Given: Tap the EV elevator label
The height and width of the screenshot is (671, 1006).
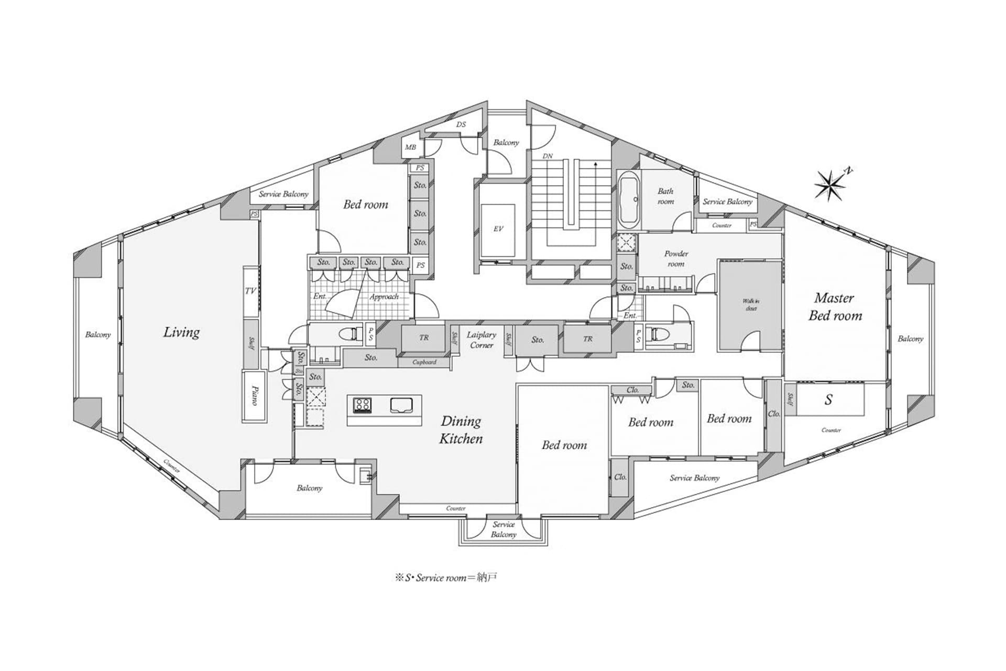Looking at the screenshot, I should point(498,229).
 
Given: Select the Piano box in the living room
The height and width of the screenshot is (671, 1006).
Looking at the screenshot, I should point(254,396).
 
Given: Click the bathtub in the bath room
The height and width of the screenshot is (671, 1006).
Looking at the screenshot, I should point(628,200).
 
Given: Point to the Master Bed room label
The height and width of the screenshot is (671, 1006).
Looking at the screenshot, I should point(835,307).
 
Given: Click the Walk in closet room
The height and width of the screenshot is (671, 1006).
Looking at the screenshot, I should point(750,306).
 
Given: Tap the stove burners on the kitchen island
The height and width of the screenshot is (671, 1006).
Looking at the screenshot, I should point(363,404).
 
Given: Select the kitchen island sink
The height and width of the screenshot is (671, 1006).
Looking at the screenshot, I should point(402,405).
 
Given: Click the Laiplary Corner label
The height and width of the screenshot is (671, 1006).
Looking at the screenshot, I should point(481,340).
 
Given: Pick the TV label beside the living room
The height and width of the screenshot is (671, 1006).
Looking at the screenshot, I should point(250,290).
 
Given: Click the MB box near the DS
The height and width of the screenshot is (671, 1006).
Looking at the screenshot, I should point(410,147).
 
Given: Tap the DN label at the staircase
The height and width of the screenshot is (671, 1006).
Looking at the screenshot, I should point(547,156).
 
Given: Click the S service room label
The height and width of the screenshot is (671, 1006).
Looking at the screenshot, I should point(828,400).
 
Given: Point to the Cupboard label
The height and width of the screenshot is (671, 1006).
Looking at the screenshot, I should point(424,362).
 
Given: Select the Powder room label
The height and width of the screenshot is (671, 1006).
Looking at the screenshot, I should point(676,258).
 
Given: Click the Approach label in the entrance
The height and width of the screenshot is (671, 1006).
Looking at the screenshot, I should point(384,297).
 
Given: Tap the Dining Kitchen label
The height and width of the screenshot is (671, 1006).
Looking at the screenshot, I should point(461,430).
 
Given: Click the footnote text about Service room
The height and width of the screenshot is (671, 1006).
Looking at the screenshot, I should point(446,578).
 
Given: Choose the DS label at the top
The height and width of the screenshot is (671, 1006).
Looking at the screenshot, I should point(461,125).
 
